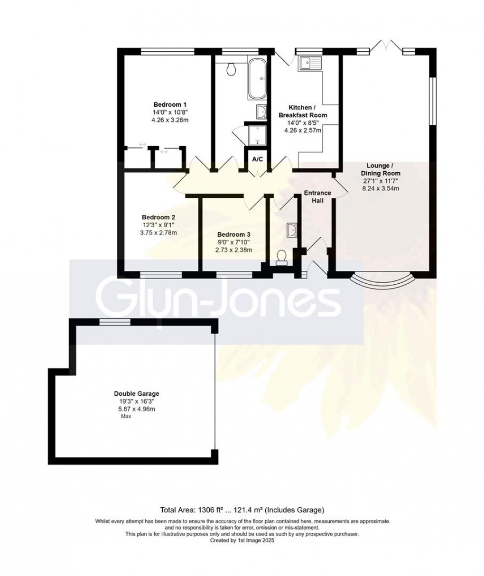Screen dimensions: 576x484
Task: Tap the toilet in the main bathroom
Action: [x=232, y=69]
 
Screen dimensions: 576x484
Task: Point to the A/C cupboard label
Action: [x=257, y=159]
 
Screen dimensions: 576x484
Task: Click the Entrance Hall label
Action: [x=317, y=196]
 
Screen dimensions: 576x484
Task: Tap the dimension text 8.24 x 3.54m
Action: [x=381, y=188]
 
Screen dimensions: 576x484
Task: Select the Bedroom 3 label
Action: [x=233, y=234]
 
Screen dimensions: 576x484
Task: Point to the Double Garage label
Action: [x=136, y=393]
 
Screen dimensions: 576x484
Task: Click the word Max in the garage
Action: [x=126, y=416]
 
